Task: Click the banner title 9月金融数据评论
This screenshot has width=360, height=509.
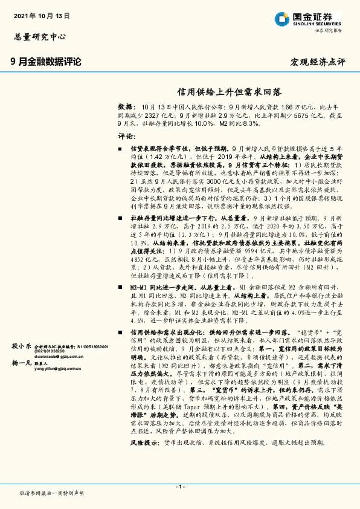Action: click(x=46, y=62)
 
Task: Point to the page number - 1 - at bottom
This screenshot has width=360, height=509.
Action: click(x=179, y=487)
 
